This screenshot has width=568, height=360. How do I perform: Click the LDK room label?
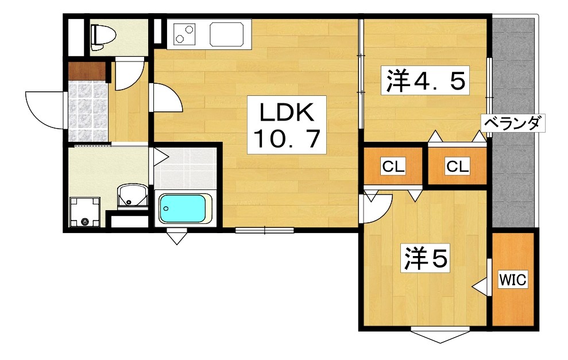[287, 113]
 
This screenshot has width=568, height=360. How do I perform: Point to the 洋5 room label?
[424, 260]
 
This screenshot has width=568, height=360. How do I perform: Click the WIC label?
[512, 280]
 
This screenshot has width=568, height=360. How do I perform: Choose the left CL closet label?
[395, 167]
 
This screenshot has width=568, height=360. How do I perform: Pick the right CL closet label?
[458, 167]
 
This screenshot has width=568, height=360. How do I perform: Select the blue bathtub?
[184, 209]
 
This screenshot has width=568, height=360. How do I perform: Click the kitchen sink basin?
[230, 33]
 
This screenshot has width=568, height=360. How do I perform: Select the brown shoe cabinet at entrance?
[87, 71]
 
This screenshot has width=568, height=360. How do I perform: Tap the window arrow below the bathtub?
[177, 236]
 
